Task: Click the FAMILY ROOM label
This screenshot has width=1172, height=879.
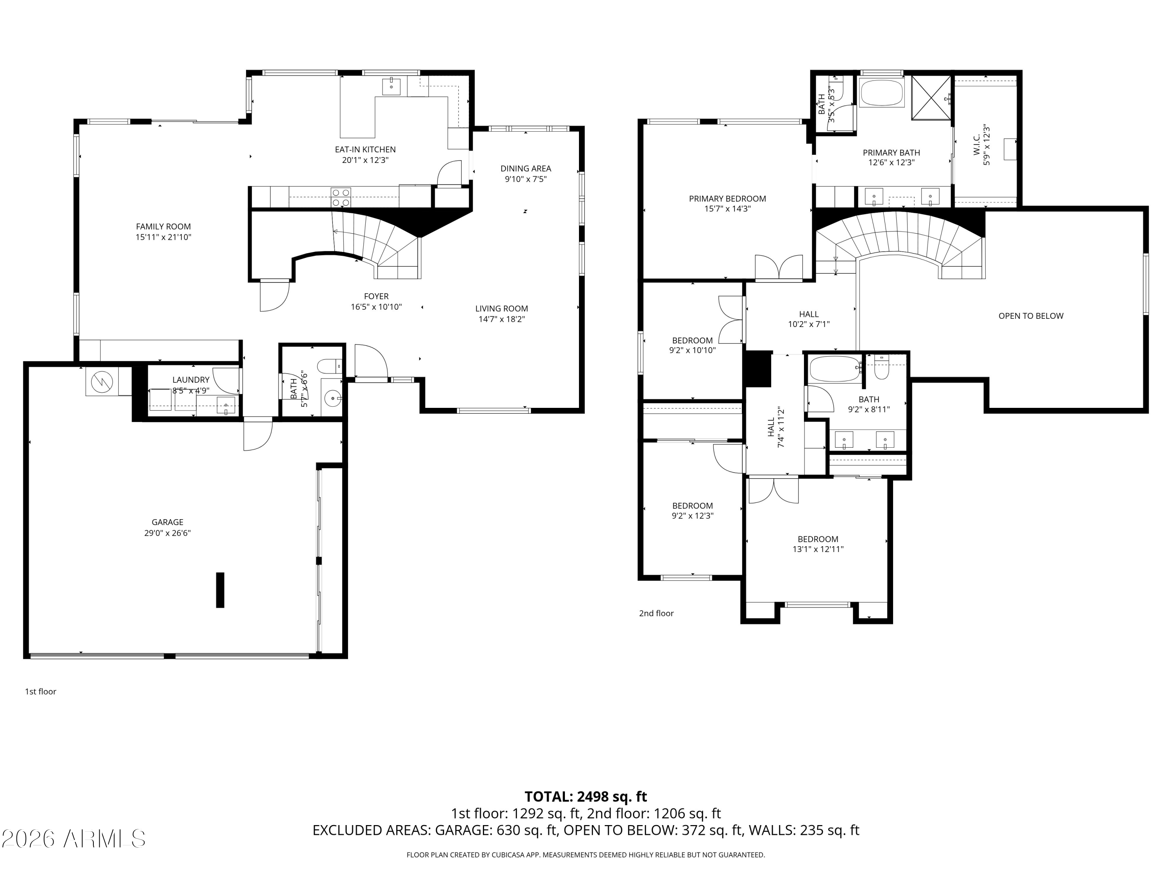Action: point(163,227)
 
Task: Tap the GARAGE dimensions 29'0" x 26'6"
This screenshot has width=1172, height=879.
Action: point(168,533)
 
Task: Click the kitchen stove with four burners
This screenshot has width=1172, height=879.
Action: point(341,197)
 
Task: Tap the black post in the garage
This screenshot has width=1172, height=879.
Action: point(220,590)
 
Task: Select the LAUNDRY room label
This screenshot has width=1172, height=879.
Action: point(191,380)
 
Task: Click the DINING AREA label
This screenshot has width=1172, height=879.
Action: point(525,168)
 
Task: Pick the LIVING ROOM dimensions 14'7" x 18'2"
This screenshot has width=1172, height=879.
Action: point(501,319)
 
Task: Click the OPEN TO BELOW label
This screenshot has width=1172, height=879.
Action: point(1031,316)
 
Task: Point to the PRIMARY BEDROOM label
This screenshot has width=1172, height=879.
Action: point(727,199)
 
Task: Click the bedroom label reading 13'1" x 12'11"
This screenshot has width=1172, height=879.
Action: point(818,549)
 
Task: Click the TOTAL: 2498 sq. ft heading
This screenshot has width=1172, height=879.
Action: point(586,797)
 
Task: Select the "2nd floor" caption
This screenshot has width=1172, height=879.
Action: point(656,613)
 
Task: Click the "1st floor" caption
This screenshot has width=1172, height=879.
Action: point(40,691)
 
